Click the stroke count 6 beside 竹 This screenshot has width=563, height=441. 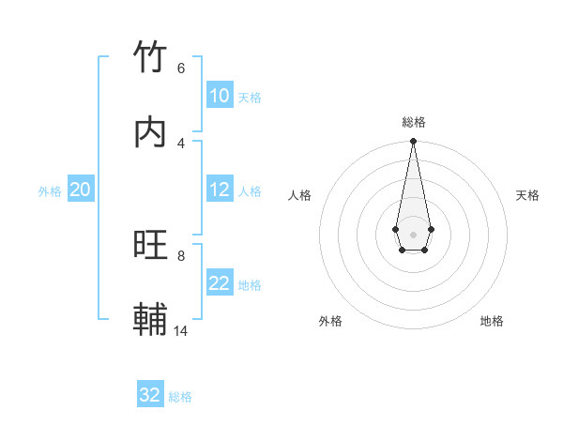[x=181, y=68]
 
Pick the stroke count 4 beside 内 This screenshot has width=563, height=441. [x=181, y=143]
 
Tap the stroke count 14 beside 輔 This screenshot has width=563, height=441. [x=181, y=330]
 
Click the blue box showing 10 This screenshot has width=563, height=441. [x=220, y=96]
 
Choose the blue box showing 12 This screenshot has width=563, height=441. [x=220, y=190]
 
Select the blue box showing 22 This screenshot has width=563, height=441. [x=220, y=283]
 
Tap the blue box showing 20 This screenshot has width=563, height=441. [x=80, y=190]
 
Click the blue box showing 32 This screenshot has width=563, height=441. [x=150, y=395]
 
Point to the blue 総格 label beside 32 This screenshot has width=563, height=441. [x=180, y=397]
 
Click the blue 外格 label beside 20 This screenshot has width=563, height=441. [x=50, y=191]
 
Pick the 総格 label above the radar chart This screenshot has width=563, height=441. [x=414, y=122]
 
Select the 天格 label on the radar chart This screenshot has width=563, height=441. [x=527, y=195]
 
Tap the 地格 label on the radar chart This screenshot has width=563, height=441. [x=492, y=321]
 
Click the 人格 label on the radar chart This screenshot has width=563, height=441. [x=300, y=195]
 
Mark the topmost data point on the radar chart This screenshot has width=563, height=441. [x=413, y=141]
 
